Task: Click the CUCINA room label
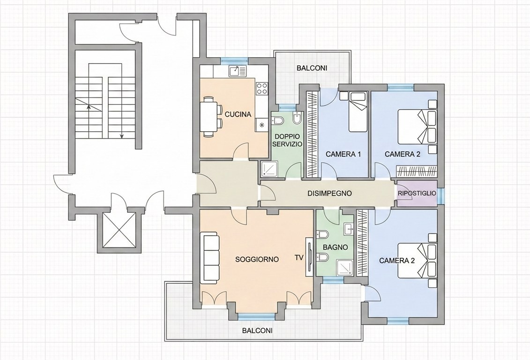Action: [238, 114]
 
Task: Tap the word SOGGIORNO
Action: [257, 259]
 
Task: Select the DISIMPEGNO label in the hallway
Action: [329, 193]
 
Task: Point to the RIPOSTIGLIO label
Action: [417, 194]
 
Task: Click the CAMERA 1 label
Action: [343, 154]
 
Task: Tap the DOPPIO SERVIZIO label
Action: [287, 140]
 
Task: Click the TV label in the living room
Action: [299, 257]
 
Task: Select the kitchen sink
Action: [238, 71]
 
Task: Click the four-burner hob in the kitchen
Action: [261, 88]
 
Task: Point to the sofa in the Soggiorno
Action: [209, 257]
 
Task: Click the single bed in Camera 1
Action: [358, 112]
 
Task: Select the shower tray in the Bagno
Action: [345, 268]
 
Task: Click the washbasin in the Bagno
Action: [349, 229]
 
